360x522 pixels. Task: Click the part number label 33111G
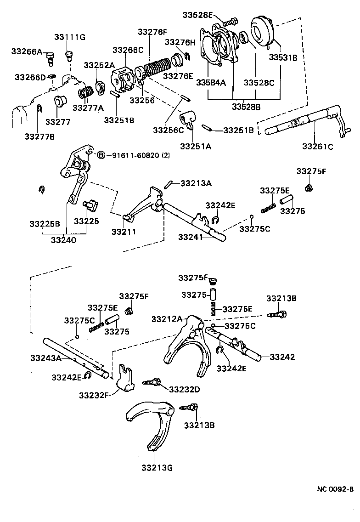click(70, 37)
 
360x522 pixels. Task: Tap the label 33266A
click(27, 52)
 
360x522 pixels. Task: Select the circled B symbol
click(101, 155)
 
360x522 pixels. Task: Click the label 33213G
click(157, 468)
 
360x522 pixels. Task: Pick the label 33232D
click(185, 389)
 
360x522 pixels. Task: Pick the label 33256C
click(169, 131)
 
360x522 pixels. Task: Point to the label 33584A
click(211, 82)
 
